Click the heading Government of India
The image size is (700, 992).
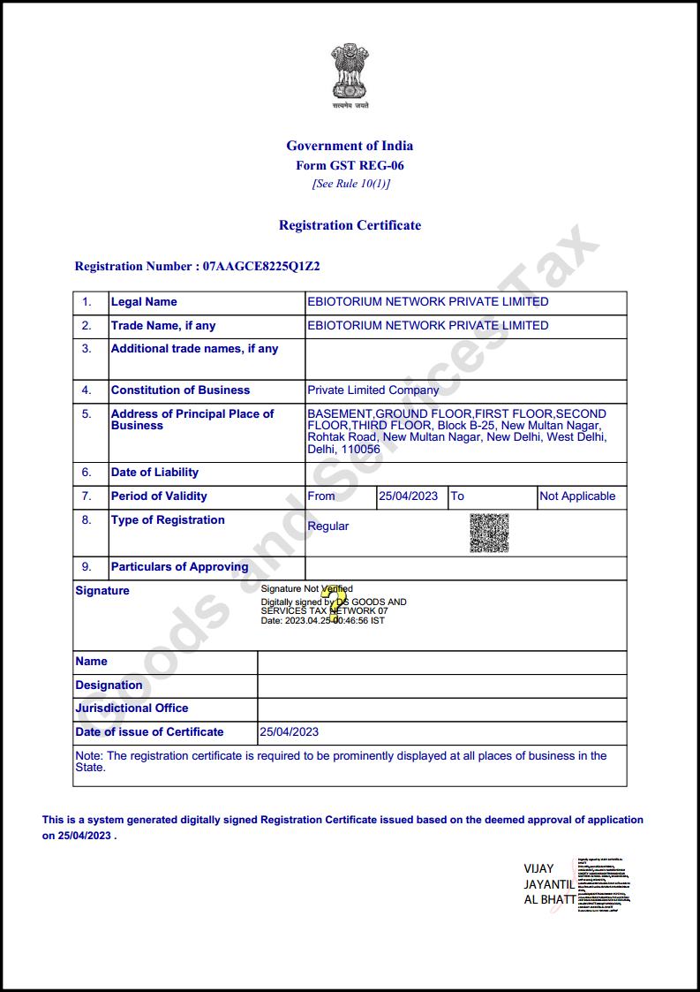click(350, 146)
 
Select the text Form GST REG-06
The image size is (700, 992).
click(350, 165)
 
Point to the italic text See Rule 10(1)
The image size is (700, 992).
click(350, 184)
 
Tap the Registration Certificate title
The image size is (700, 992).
click(350, 225)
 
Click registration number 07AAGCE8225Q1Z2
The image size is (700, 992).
click(261, 266)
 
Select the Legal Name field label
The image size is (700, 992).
click(144, 302)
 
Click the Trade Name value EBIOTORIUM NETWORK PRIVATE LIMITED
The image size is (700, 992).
click(427, 325)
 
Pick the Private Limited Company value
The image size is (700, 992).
click(373, 390)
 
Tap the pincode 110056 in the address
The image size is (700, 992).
click(361, 449)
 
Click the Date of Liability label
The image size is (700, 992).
click(154, 473)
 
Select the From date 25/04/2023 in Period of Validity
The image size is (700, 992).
click(408, 496)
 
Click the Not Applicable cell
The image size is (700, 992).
click(577, 496)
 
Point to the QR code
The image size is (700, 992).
click(489, 533)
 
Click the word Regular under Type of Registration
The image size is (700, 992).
click(327, 526)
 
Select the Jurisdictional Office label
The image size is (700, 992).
click(132, 708)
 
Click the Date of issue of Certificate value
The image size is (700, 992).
click(289, 731)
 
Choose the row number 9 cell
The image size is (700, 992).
click(87, 567)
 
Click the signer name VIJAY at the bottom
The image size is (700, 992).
click(538, 868)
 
